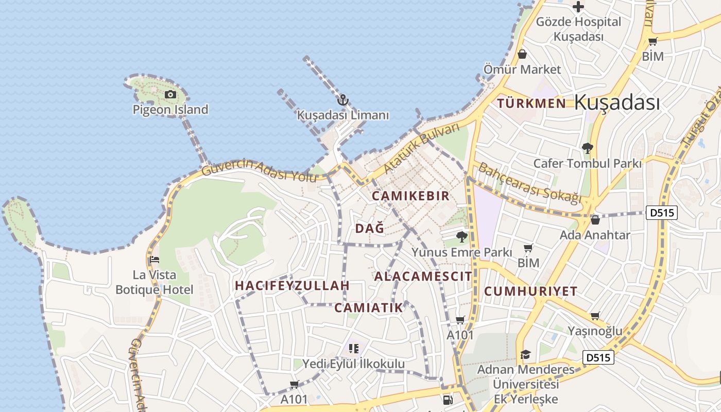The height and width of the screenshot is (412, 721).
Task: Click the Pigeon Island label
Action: click(170, 110)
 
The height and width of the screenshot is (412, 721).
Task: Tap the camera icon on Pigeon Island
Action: click(170, 94)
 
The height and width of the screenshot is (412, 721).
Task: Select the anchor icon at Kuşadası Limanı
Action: click(343, 100)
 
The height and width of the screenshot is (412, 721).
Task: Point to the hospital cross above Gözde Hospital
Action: click(578, 7)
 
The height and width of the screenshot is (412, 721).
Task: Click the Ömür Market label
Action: click(522, 69)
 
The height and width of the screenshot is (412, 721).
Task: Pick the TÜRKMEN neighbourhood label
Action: click(531, 104)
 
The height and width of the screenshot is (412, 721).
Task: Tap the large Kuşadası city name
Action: click(616, 102)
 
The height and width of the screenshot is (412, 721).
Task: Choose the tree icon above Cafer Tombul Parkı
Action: click(587, 148)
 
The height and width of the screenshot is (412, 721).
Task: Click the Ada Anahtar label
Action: click(595, 235)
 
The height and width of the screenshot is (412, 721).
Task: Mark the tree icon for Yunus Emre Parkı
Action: click(462, 237)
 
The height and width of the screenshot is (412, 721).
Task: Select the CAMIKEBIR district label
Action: click(410, 196)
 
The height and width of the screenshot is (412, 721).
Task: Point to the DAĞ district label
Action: click(370, 229)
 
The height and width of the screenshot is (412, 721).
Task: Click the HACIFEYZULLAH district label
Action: click(292, 285)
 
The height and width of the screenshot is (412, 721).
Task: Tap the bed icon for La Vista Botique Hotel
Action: click(154, 260)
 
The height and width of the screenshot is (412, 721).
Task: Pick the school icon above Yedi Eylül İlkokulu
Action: click(353, 349)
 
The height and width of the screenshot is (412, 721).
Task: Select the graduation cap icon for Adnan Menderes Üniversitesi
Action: click(525, 355)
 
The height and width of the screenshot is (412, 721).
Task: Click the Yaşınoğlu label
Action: click(595, 331)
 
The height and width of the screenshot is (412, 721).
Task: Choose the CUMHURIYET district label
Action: click(530, 291)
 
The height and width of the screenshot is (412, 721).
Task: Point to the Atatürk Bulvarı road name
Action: click(421, 148)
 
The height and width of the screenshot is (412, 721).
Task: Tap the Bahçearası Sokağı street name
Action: click(529, 183)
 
